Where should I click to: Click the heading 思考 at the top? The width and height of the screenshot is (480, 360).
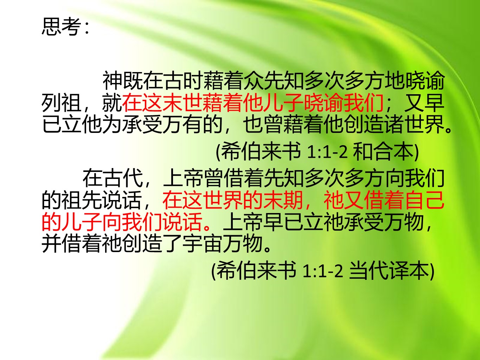[x=60, y=26]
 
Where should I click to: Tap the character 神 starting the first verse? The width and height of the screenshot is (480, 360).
[x=113, y=81]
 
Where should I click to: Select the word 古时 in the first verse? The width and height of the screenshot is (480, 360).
[x=173, y=81]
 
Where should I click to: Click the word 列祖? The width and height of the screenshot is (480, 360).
[x=61, y=103]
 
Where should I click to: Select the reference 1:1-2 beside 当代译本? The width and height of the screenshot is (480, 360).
[x=323, y=271]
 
